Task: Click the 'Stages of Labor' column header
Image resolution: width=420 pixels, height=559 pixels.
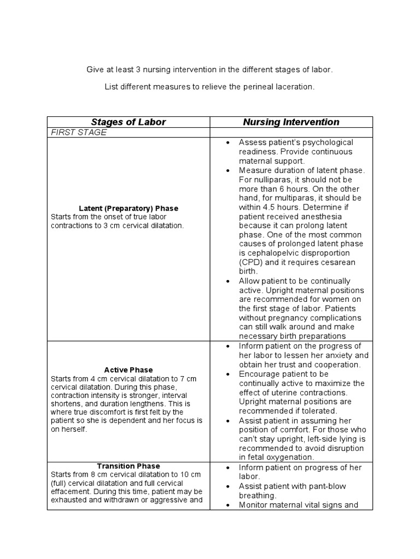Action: (129, 122)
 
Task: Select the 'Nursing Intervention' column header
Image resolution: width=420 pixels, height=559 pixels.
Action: (291, 122)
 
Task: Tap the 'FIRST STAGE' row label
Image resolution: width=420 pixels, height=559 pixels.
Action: (79, 133)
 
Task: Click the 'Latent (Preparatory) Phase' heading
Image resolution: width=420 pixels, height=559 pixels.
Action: (129, 209)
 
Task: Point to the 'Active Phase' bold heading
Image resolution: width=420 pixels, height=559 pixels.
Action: (129, 370)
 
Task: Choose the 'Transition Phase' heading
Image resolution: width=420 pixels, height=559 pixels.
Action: (129, 466)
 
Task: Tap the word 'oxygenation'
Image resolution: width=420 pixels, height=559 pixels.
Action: (292, 457)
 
